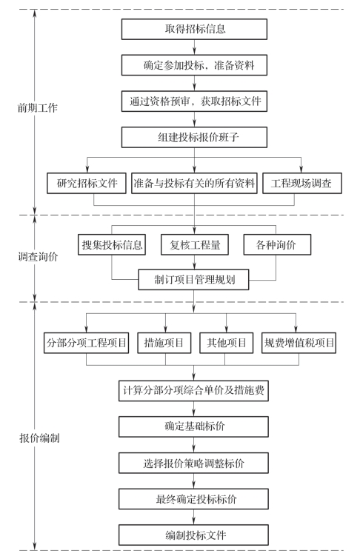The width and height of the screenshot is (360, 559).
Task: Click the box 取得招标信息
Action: [194, 29]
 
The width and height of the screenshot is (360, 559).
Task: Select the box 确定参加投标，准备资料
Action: [194, 65]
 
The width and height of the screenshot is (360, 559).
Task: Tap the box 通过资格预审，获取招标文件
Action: [194, 101]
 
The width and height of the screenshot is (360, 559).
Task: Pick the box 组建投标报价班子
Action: [194, 137]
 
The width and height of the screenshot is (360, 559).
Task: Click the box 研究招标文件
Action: [87, 183]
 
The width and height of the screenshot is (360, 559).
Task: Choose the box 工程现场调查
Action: [302, 183]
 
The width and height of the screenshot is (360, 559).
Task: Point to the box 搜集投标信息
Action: [112, 244]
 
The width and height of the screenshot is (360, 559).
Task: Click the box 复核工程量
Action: [195, 244]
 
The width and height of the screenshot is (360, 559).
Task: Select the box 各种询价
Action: [277, 244]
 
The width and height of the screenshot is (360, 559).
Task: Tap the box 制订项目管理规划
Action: [194, 280]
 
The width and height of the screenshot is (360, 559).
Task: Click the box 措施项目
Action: [164, 343]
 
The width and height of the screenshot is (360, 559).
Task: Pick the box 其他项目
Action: [226, 343]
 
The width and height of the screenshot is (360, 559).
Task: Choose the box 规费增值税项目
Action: [299, 343]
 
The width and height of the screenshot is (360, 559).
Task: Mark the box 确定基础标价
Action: [193, 426]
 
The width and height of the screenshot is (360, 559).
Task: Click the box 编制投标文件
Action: [193, 535]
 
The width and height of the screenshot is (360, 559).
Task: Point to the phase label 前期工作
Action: [38, 107]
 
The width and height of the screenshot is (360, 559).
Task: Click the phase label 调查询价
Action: [38, 257]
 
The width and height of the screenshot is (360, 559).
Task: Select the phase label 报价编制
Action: [39, 438]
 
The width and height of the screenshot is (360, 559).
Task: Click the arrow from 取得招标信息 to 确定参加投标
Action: [195, 47]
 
